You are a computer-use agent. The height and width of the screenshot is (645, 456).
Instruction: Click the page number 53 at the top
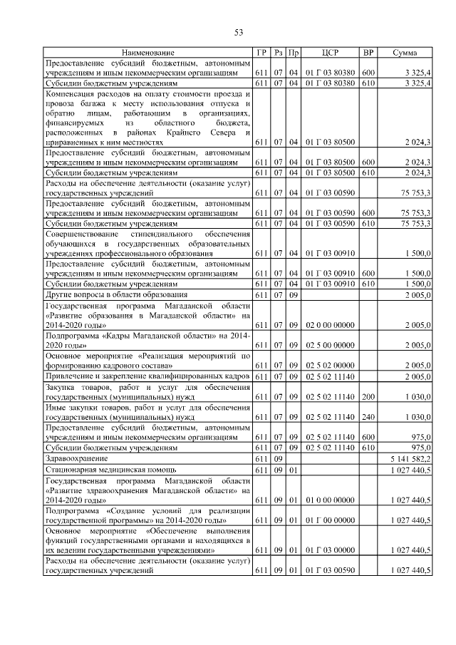pyautogui.click(x=239, y=32)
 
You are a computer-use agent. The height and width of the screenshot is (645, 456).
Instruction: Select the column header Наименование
pyautogui.click(x=147, y=53)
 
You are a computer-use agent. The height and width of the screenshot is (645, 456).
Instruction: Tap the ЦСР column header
pyautogui.click(x=328, y=53)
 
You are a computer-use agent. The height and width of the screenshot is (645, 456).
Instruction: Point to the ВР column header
pyautogui.click(x=368, y=53)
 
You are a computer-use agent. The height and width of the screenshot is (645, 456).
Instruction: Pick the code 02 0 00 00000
pyautogui.click(x=329, y=324)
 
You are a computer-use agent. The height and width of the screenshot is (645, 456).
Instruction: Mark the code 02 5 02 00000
pyautogui.click(x=329, y=365)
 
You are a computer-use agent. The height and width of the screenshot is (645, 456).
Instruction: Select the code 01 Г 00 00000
pyautogui.click(x=329, y=520)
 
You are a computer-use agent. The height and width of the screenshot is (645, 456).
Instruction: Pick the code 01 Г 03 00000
pyautogui.click(x=329, y=551)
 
